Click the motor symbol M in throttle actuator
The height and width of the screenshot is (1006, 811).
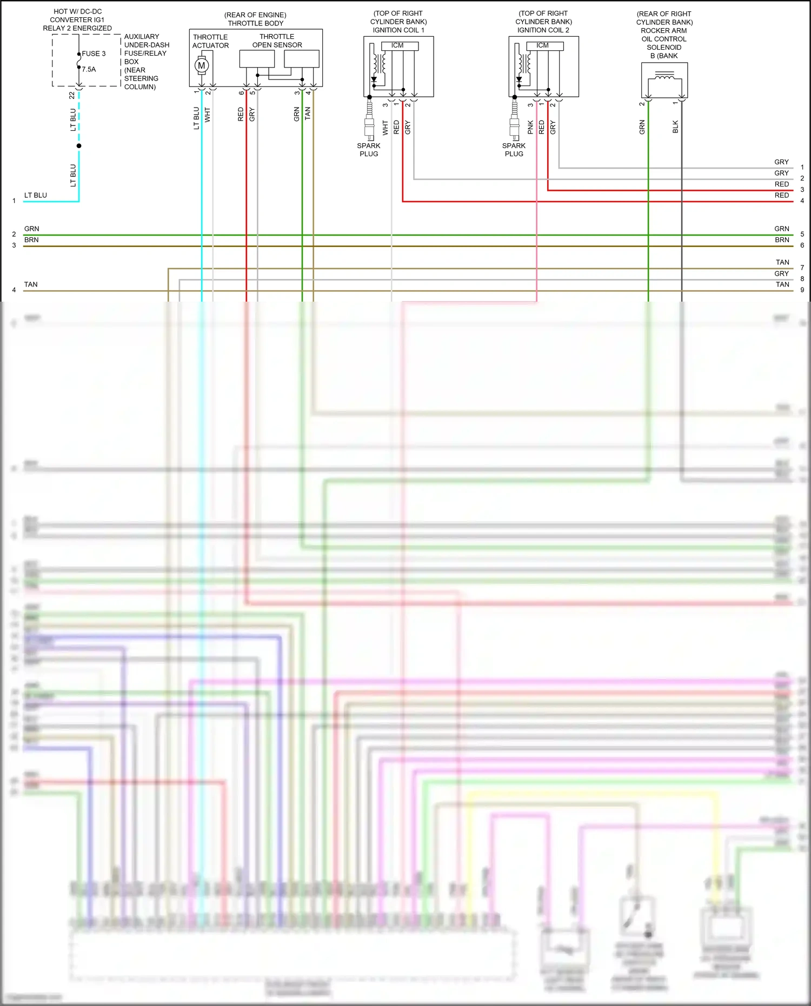pos(202,66)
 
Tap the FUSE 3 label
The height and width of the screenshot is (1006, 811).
pos(94,54)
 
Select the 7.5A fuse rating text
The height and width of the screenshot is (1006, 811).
pos(89,69)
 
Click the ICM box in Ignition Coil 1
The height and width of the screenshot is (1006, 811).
pos(397,46)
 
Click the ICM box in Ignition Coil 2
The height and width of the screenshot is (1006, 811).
pos(542,46)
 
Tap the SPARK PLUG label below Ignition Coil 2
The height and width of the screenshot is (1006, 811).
pos(514,150)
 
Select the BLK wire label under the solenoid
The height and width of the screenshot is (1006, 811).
pos(675,127)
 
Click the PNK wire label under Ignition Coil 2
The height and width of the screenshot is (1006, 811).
pos(530,127)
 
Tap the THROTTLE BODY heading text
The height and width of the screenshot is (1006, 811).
pos(255,23)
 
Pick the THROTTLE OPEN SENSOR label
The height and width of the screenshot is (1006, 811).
pos(277,41)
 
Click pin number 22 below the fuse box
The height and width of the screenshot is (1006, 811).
pos(72,95)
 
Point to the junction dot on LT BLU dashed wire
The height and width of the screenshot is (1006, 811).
pos(79,146)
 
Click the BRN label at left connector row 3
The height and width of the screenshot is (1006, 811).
pos(31,239)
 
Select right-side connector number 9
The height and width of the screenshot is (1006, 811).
pos(802,290)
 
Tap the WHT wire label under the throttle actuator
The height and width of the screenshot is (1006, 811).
pos(208,115)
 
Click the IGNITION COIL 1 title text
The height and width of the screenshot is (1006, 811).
pos(398,30)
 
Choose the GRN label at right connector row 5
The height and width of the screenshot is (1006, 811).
pos(781,229)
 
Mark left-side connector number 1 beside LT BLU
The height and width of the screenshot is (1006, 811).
pos(14,201)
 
